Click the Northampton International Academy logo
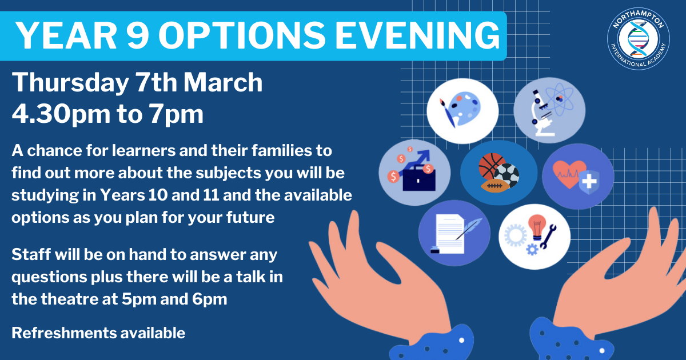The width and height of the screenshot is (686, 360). coord(638,39)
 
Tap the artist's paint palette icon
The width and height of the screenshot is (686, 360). coord(460,109)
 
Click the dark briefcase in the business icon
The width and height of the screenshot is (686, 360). coord(419,178)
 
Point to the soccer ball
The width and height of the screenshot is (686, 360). coord(506,175)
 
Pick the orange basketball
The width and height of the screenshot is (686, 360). coord(492,166)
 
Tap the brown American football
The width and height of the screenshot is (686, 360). coord(495,186)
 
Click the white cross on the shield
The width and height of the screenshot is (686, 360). coord(589,182)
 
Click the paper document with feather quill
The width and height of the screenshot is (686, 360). coord(454,234)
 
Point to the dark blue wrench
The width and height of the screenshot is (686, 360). coord(548,237)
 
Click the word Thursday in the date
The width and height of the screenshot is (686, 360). coord(70,83)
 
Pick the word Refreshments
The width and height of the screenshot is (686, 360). coord(64,333)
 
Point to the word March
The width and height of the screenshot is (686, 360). coord(223,82)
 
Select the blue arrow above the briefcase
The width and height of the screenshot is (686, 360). coord(417,162)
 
